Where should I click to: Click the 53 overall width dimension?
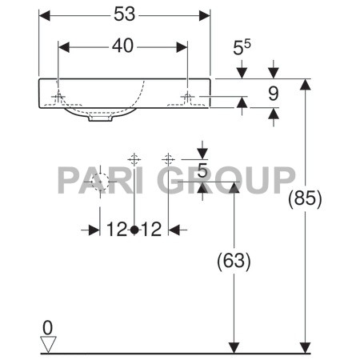click(123, 14)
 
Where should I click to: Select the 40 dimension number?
click(122, 47)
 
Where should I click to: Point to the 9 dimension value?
click(272, 94)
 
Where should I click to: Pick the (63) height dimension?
click(234, 261)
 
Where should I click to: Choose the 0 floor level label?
click(48, 326)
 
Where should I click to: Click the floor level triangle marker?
click(49, 343)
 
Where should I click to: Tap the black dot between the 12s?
click(134, 230)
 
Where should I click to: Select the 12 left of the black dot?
click(116, 230)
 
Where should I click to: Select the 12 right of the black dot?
click(152, 230)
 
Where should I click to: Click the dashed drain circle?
click(98, 183)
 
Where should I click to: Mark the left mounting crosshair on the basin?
click(58, 98)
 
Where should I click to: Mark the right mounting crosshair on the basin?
click(187, 98)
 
